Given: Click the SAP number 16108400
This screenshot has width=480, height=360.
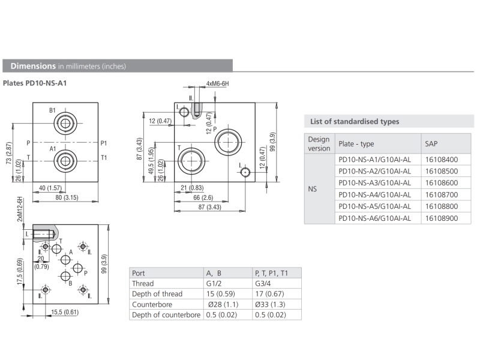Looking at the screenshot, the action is pos(442,160).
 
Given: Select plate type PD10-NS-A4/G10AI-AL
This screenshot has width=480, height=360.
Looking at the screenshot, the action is pos(374,194).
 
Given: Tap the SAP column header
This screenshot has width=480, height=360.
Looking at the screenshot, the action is pos(431,143).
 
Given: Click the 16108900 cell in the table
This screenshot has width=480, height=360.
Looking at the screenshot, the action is pos(442,218).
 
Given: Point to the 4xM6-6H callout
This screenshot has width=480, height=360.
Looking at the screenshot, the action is pos(217,83).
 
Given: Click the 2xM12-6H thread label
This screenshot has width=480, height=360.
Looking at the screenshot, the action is pos(20,209).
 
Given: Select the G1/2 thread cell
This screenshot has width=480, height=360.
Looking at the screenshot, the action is pos(214,283).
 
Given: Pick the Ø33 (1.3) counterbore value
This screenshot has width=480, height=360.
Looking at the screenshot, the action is pos(270,305).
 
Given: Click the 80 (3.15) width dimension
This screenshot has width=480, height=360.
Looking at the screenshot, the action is pos(67,197).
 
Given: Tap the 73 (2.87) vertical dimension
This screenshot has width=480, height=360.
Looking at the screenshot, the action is pos(9,153).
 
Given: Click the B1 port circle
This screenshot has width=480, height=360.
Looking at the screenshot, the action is pos(65,124).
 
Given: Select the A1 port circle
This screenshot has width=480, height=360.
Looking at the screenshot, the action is pos(65,161).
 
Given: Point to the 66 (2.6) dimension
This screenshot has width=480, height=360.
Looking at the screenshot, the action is pos(203,197).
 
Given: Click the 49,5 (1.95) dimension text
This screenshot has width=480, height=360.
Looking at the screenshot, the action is pos(151,161).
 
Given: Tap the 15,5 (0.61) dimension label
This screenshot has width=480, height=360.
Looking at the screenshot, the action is pos(65,312).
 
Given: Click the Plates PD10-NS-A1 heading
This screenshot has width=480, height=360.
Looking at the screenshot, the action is pos(35,83).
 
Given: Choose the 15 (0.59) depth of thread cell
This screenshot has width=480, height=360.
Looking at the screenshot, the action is pos(220,294).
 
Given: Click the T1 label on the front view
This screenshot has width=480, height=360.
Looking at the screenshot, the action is pos(104,158).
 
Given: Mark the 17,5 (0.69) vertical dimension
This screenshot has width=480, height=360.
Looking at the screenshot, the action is pos(20,272).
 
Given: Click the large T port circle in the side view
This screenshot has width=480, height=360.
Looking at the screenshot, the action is pos(191,161).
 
